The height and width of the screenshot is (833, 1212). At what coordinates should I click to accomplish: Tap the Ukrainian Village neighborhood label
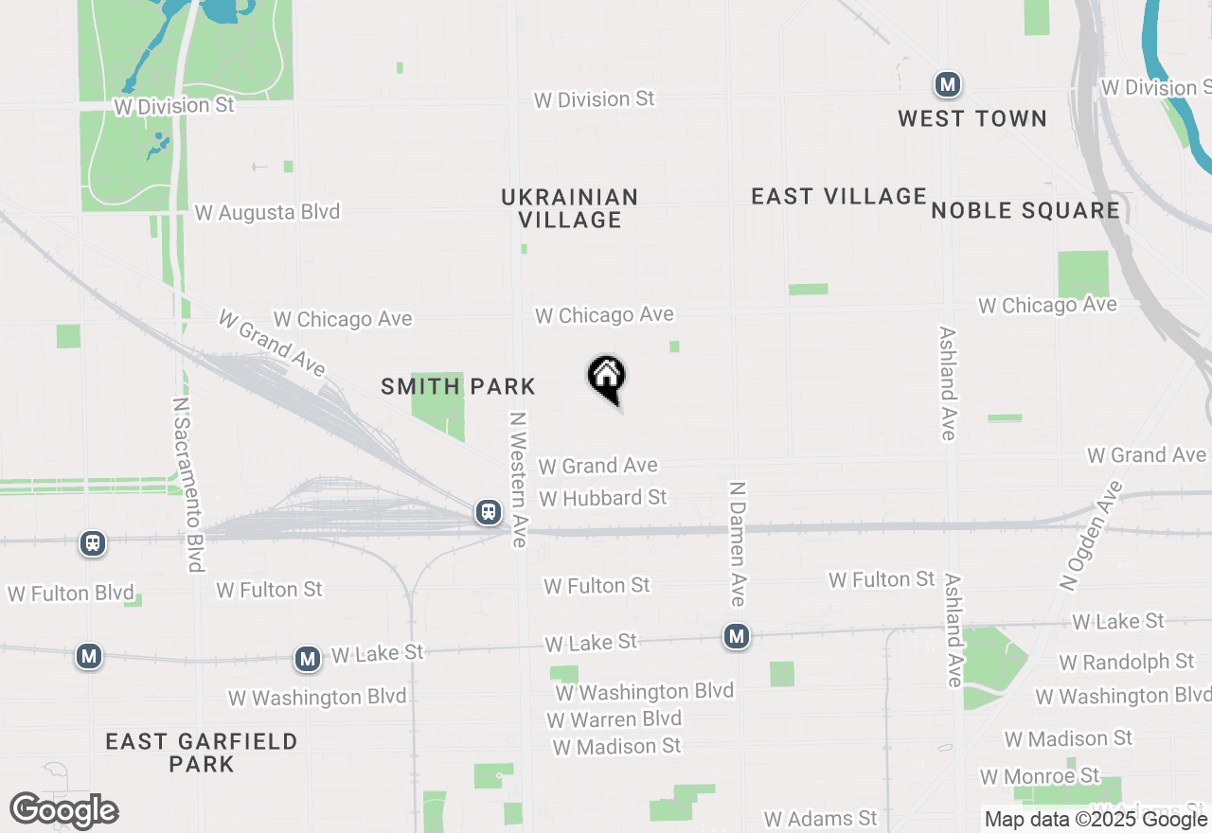click(x=570, y=208)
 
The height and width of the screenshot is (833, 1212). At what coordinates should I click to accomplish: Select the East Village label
click(x=839, y=197)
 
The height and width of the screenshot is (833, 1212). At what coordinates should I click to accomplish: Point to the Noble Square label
click(x=1025, y=210)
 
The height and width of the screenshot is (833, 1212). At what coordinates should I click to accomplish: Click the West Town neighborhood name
click(x=972, y=118)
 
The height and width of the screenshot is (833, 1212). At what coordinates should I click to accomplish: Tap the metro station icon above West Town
click(x=947, y=85)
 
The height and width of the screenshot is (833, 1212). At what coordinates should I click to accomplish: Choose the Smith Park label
click(x=458, y=386)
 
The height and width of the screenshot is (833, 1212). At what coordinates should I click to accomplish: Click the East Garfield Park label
click(x=202, y=752)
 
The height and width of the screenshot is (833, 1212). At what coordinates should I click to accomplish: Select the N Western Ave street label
click(x=517, y=479)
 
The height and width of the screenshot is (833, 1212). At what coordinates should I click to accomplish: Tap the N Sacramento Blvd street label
click(x=188, y=484)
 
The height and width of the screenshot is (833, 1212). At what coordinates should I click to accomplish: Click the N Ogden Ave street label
click(x=1092, y=536)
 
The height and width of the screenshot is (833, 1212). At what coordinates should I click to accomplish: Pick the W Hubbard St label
click(x=603, y=498)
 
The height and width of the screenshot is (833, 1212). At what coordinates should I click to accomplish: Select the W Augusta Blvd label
click(x=267, y=212)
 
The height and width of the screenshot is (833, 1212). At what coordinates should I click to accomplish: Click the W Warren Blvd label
click(x=615, y=719)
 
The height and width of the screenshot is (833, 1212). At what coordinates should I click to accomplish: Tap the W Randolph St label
click(x=1127, y=662)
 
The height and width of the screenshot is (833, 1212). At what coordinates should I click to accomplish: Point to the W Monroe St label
click(x=1040, y=776)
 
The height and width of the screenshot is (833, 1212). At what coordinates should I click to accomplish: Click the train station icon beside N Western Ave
click(x=489, y=512)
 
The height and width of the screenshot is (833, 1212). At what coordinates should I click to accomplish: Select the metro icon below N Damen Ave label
click(x=737, y=637)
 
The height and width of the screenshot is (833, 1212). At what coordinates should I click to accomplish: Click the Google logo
click(x=64, y=811)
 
